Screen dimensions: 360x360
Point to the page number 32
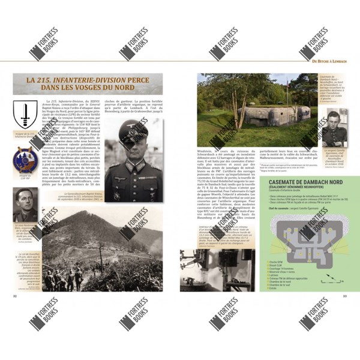click(16, 295)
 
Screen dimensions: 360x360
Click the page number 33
click(345, 295)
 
